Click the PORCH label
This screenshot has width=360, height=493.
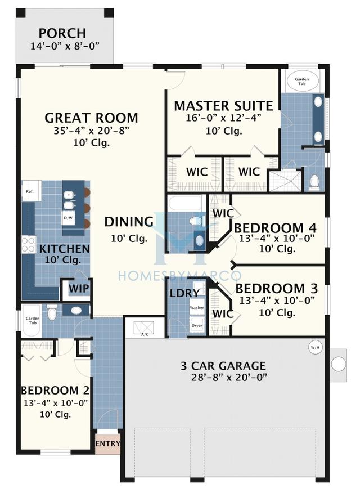[62, 34]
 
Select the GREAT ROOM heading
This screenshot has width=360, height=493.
[91, 118]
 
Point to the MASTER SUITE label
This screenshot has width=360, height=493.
[223, 106]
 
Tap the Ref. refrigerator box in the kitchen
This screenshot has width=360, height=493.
[30, 191]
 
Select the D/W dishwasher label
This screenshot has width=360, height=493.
[68, 217]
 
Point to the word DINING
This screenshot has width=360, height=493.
[129, 222]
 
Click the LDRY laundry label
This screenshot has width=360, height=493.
[184, 293]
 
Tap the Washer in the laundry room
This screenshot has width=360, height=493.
[197, 308]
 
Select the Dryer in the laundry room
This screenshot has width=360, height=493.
[197, 325]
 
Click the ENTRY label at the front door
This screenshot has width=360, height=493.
[107, 443]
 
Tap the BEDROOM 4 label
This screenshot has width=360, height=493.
[275, 228]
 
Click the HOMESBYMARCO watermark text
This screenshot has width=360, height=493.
[179, 275]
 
